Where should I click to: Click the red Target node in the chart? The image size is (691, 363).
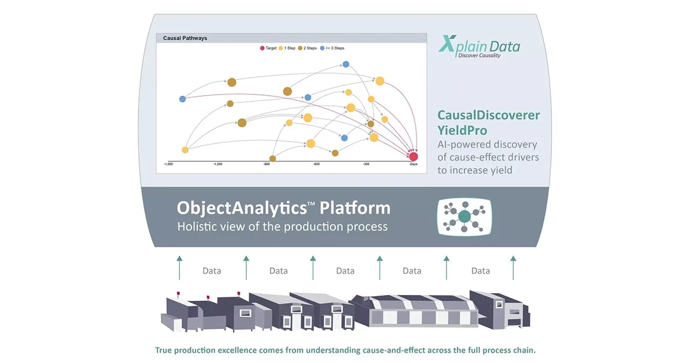pyautogui.click(x=414, y=157)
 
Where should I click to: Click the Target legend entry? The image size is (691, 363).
pyautogui.click(x=268, y=48)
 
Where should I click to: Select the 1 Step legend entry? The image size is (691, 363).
pyautogui.click(x=287, y=48)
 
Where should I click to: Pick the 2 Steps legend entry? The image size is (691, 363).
pyautogui.click(x=307, y=48)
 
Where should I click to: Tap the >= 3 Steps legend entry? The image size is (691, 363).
pyautogui.click(x=332, y=48)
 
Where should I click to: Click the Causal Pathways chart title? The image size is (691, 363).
pyautogui.click(x=185, y=38)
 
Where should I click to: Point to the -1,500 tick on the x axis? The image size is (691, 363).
pyautogui.click(x=168, y=164)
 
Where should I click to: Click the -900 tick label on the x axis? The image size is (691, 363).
pyautogui.click(x=266, y=164)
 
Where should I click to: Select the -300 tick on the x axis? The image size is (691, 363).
pyautogui.click(x=366, y=164)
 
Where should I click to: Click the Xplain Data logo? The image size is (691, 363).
pyautogui.click(x=479, y=47)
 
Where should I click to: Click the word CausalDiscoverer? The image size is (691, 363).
pyautogui.click(x=489, y=115)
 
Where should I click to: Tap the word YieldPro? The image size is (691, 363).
pyautogui.click(x=462, y=130)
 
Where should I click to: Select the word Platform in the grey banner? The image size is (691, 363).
pyautogui.click(x=355, y=207)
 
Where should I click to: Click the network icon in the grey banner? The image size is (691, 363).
pyautogui.click(x=464, y=217)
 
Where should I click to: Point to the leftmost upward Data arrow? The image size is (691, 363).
pyautogui.click(x=179, y=267)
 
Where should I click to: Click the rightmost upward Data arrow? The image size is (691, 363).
pyautogui.click(x=513, y=267)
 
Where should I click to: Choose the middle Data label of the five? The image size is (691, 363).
pyautogui.click(x=345, y=271)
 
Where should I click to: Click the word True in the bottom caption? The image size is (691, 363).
pyautogui.click(x=163, y=350)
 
